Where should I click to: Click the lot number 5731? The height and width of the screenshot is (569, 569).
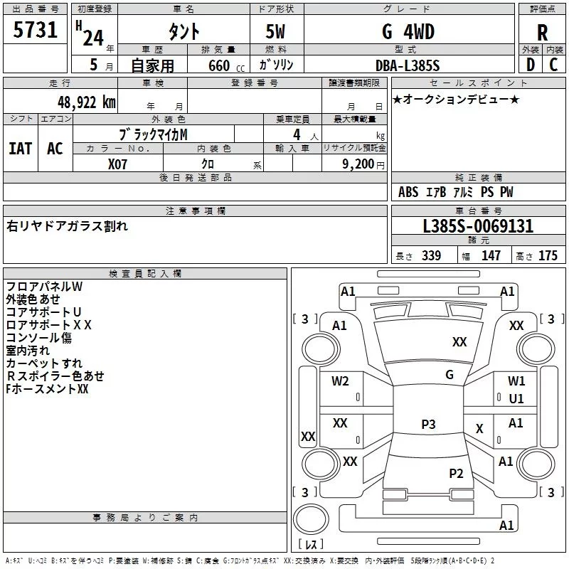click(35, 30)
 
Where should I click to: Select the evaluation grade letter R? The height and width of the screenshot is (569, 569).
click(542, 33)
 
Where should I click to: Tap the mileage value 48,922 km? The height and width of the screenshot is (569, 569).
click(87, 102)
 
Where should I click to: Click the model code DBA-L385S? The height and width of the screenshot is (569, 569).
click(408, 65)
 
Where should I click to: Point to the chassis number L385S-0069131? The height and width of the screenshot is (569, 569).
click(478, 226)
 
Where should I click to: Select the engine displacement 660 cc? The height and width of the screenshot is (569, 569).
click(226, 66)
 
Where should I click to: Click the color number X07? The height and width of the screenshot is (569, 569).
click(117, 164)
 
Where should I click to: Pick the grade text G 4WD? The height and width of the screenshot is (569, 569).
click(408, 31)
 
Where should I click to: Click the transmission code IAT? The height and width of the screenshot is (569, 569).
click(21, 149)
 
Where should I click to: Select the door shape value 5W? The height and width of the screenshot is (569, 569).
click(275, 31)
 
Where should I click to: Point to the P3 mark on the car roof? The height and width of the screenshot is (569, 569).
click(428, 424)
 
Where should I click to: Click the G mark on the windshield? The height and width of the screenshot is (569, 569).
click(450, 375)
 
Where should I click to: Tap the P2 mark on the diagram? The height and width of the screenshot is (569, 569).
click(456, 474)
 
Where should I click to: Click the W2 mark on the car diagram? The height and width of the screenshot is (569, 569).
click(340, 381)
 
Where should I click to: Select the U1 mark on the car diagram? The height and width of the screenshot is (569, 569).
click(516, 399)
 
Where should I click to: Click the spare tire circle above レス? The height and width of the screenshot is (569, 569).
click(311, 519)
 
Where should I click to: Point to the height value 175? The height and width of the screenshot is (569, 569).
click(548, 255)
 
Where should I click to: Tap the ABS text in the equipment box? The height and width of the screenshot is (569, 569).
click(408, 192)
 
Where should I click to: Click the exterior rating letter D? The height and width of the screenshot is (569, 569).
click(531, 65)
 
